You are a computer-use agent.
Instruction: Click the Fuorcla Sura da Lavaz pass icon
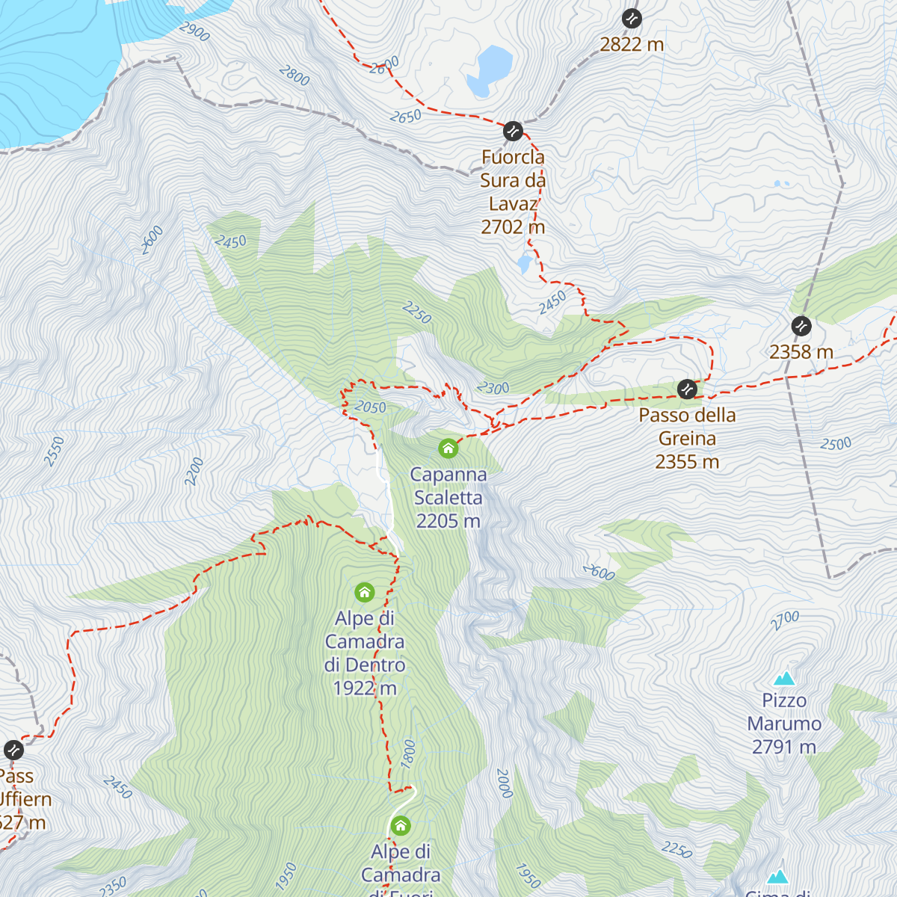pos(513,132)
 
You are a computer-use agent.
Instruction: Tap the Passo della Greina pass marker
pos(687,389)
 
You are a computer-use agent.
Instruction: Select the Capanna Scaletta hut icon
pos(449,449)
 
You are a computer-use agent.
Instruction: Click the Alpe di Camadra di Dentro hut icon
pos(365,593)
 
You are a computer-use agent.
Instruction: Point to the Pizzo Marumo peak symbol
pos(784,679)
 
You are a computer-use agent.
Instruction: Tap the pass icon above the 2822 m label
pos(632,18)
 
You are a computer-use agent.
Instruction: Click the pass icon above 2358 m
pos(801,326)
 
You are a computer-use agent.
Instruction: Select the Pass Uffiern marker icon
pos(13,750)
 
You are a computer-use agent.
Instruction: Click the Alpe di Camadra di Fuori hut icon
pos(401,826)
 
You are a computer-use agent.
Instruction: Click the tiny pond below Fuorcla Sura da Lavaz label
pos(524,262)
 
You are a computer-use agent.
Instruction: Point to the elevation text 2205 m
pos(448,521)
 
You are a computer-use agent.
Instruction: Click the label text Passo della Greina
pos(687,427)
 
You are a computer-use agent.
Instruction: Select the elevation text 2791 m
pos(784,747)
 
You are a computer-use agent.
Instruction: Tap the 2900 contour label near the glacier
pos(194,31)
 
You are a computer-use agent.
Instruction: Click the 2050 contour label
pos(370,407)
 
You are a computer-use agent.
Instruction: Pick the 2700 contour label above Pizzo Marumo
pos(785,620)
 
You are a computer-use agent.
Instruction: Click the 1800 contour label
pos(407,753)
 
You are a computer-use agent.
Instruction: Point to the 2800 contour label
pos(294,75)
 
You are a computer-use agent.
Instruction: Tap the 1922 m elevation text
pos(365,688)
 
